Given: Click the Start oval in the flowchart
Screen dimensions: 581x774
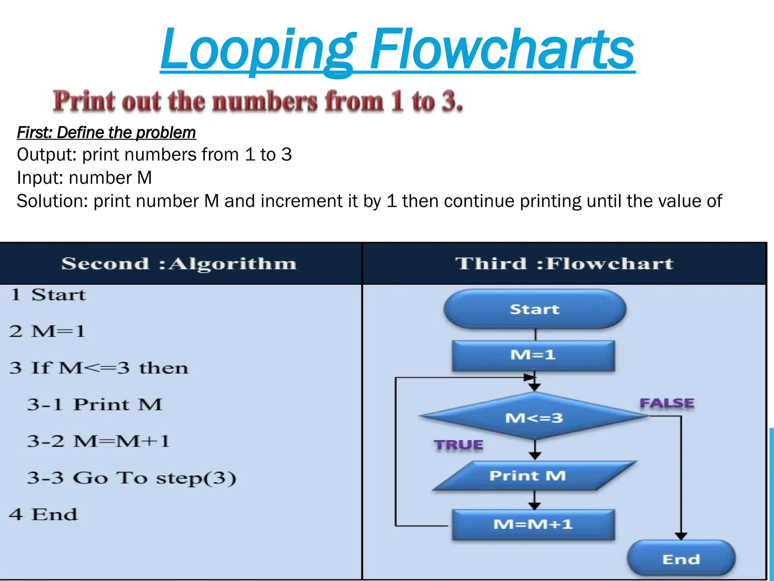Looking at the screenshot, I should coord(534,309).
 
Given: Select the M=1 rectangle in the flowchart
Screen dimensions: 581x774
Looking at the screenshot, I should coord(533,355).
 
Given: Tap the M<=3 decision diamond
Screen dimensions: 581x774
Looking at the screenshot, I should coord(534,417).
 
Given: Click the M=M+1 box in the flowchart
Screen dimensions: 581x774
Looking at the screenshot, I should coord(533,524).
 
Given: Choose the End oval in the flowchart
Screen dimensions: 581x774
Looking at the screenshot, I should coord(681,559).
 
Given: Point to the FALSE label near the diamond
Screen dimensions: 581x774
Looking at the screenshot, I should coord(667,403).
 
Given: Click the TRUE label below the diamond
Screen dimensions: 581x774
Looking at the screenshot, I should coord(458,445).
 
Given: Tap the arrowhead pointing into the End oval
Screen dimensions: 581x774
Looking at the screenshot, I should coord(681,536).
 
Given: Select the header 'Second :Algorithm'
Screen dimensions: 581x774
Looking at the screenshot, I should coord(179,264).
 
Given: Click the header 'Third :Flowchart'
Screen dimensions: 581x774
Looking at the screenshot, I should coord(564,264).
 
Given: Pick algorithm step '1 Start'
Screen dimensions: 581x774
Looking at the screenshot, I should coord(48,295).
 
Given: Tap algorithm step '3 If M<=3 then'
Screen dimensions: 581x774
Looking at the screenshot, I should coord(99,368).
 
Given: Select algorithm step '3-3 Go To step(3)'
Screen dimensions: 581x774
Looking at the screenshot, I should coord(132,478).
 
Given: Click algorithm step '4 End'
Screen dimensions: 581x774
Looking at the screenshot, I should coord(43,514).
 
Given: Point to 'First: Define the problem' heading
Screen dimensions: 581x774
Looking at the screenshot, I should coord(106,132).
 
